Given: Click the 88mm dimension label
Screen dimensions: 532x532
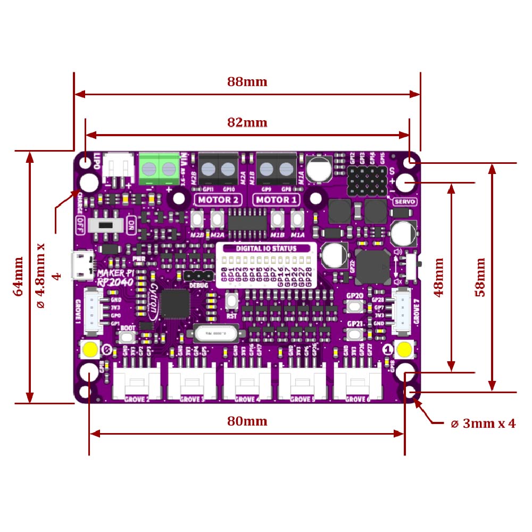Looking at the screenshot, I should [x=247, y=82].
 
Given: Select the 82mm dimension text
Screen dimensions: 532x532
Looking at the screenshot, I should [x=247, y=122].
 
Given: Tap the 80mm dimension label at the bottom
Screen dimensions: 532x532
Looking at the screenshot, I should [x=247, y=421].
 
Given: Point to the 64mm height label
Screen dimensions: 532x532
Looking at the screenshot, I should [x=18, y=277].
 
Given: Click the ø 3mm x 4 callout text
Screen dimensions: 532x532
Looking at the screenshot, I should [x=483, y=424].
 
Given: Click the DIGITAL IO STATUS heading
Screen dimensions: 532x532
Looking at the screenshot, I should [x=267, y=248].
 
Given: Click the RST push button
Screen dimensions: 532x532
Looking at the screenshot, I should [x=231, y=301].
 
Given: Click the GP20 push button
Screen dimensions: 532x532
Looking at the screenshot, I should [x=355, y=306].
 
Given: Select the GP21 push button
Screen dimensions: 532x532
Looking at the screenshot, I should [x=355, y=334].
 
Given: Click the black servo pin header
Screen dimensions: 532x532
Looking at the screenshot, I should [x=367, y=181].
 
